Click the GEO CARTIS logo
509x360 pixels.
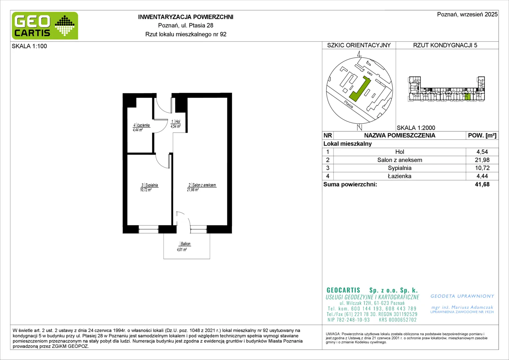pyautogui.click(x=45, y=26)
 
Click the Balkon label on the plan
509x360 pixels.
pyautogui.click(x=186, y=244)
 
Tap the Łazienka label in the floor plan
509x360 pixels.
pyautogui.click(x=143, y=125)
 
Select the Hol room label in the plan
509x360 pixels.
pyautogui.click(x=178, y=122)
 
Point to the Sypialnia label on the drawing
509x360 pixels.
pyautogui.click(x=151, y=185)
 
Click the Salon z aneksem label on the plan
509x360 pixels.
pyautogui.click(x=204, y=185)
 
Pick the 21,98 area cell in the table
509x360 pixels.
pyautogui.click(x=482, y=160)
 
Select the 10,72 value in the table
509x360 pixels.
pyautogui.click(x=482, y=168)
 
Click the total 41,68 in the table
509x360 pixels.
pyautogui.click(x=482, y=184)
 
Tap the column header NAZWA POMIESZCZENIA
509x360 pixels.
pyautogui.click(x=400, y=136)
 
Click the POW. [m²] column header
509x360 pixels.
pyautogui.click(x=482, y=136)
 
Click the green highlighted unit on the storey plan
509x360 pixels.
pyautogui.click(x=467, y=96)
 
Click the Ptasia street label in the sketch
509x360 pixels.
pyautogui.click(x=348, y=104)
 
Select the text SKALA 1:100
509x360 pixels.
pyautogui.click(x=29, y=46)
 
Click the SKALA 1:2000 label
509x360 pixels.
pyautogui.click(x=416, y=128)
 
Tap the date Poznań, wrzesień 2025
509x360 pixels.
pyautogui.click(x=467, y=14)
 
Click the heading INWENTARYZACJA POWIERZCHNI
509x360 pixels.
pyautogui.click(x=186, y=17)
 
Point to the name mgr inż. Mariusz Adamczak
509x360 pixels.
pyautogui.click(x=462, y=307)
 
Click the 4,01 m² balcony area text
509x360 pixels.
pyautogui.click(x=182, y=249)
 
